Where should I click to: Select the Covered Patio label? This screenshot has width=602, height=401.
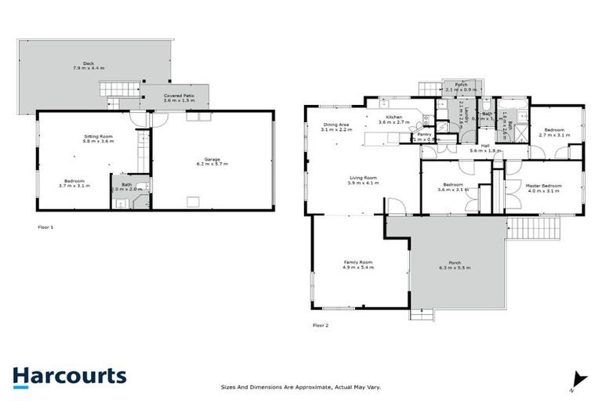[179, 98]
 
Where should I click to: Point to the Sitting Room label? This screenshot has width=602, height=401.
[100, 139]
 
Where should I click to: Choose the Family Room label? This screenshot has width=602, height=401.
[357, 264]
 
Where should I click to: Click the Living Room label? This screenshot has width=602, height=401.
[364, 180]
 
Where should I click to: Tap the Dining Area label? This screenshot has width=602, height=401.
[337, 126]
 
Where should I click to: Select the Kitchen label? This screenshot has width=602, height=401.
[394, 119]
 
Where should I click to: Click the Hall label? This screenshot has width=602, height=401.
[485, 147]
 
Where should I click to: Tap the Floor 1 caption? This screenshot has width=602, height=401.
[45, 226]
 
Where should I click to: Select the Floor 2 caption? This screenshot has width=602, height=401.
[320, 324]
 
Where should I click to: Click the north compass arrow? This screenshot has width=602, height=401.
[580, 378]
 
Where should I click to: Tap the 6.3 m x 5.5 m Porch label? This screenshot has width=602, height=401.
[455, 264]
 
